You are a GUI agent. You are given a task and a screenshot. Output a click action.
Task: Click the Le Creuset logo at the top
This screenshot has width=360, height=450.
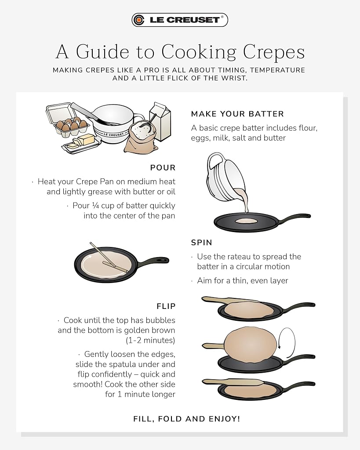pos(180,20)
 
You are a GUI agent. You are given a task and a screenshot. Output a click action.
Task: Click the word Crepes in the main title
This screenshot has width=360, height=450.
pos(274,52)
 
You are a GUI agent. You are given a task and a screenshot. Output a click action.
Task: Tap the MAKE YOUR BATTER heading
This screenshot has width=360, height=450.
pos(237,114)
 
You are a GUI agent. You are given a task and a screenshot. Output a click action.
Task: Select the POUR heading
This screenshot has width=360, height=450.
pos(163,167)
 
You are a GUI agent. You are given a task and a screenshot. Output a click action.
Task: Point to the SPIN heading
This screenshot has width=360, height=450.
pos(201,243)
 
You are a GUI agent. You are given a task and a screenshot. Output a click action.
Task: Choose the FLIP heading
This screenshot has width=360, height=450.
pos(166,306)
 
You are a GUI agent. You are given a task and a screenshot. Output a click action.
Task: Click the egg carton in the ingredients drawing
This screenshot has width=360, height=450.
pos(68,120)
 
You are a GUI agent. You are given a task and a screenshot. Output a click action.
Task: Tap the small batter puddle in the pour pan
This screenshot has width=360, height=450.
pos(246,221)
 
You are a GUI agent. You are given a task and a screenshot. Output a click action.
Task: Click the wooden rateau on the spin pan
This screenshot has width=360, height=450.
pos(109,258)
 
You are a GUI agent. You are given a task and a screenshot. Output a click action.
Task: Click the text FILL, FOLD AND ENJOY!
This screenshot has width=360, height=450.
pos(187,419)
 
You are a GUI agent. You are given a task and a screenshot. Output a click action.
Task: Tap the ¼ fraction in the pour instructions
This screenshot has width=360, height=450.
pos(95,206)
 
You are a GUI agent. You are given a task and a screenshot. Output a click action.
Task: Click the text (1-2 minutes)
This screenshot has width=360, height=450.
pos(150,341)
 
